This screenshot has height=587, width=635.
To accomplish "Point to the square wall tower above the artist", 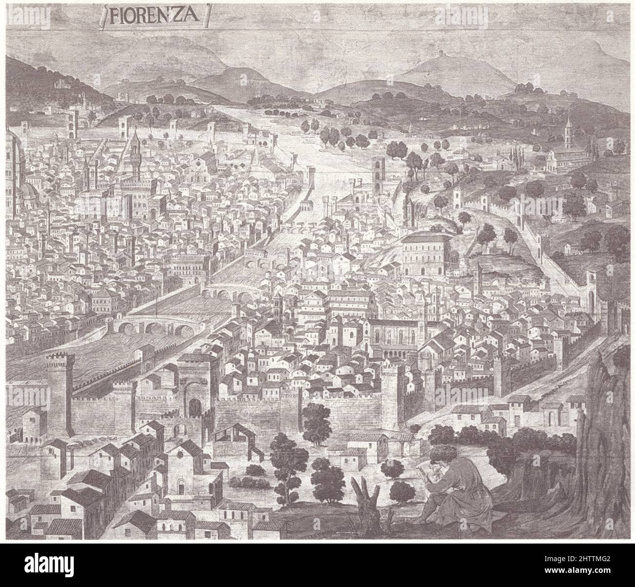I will (393, 396).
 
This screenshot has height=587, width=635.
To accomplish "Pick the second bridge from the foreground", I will (226, 293).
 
